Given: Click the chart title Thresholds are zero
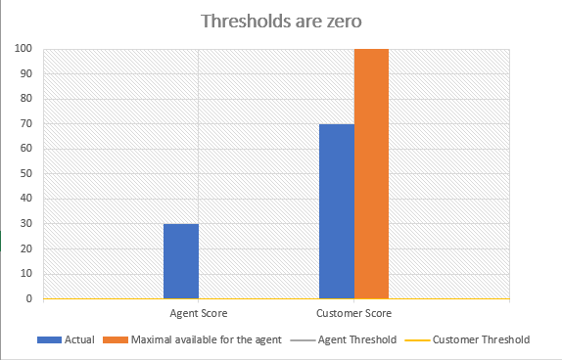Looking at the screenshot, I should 281,21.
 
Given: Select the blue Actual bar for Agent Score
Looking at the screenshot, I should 181,261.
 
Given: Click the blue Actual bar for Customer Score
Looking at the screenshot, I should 337,211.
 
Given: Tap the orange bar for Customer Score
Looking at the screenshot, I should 371,173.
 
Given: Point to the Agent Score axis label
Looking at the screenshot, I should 198,313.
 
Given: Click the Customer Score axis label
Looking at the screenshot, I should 353,313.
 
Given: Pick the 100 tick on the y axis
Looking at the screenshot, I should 23,48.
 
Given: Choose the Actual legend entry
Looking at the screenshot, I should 79,339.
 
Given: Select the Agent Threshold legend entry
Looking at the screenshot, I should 362,339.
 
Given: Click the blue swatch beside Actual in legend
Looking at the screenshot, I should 49,339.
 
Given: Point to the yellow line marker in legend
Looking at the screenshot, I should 416,339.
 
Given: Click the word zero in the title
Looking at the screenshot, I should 339,21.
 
